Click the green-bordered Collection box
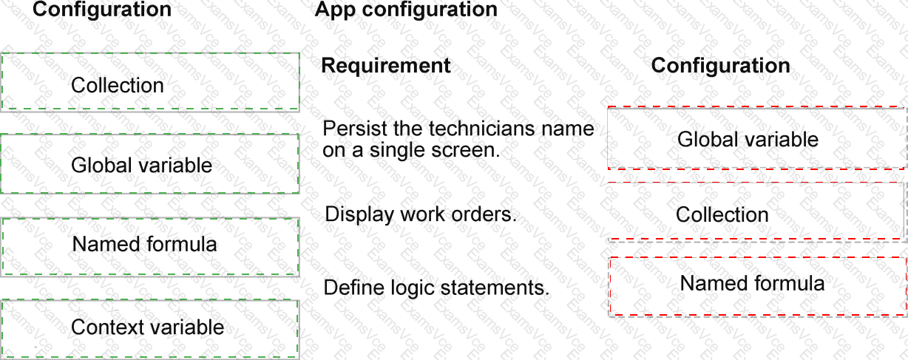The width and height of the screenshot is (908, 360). point(150,81)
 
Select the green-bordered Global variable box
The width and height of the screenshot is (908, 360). point(150,164)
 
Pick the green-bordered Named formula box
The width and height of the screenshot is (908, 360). point(150,247)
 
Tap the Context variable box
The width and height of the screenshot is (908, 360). point(150,329)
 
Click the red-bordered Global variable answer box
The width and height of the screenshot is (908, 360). point(757,137)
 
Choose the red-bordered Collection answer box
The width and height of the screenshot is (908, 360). point(757,212)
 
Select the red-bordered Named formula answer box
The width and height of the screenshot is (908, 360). point(758,287)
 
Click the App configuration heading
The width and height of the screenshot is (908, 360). point(406,10)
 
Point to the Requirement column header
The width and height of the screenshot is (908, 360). point(385,66)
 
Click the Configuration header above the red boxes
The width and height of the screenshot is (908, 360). point(721,66)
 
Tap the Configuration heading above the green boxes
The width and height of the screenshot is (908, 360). point(102,9)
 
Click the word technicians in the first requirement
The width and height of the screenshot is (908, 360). point(481,129)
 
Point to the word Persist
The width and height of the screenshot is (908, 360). point(355,129)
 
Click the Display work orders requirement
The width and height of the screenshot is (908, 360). point(421,214)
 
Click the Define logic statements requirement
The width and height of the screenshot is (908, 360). point(436,288)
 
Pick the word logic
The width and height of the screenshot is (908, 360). point(413,288)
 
